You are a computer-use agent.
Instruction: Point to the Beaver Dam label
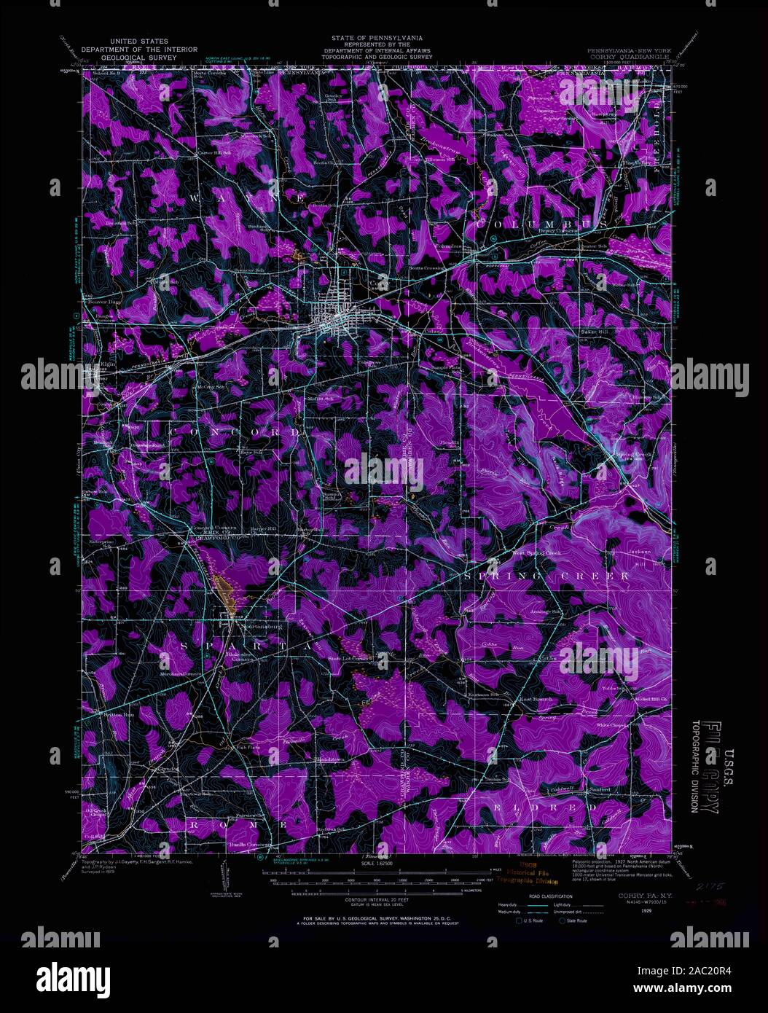[103, 300]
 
